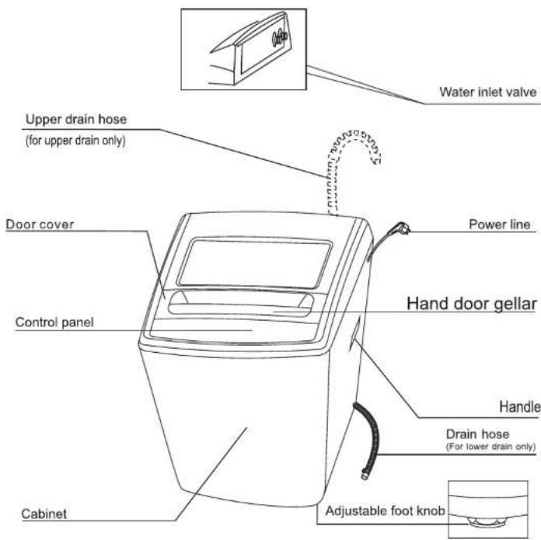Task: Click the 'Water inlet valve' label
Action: coord(488,92)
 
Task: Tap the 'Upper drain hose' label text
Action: coord(76,120)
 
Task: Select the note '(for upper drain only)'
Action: coord(75,141)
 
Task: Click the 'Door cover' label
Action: coord(40,225)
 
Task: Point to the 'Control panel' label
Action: coord(54,322)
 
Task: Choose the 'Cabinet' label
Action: coord(44,514)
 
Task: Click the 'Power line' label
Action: coord(499,225)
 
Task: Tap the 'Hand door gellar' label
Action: coord(472,304)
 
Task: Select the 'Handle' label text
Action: coord(519,407)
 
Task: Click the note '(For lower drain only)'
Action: coord(490,447)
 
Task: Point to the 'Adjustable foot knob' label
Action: coord(385,510)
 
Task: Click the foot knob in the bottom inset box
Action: coord(487,521)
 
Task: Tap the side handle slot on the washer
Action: coord(355,333)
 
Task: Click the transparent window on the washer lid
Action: coord(255,263)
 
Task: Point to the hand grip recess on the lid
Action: coord(241,304)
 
